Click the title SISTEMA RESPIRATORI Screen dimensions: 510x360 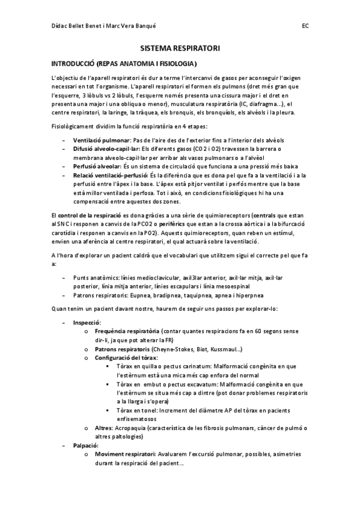(x=180, y=47)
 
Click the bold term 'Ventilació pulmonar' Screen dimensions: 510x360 (x=101, y=140)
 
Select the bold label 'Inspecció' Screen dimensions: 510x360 (x=87, y=322)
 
